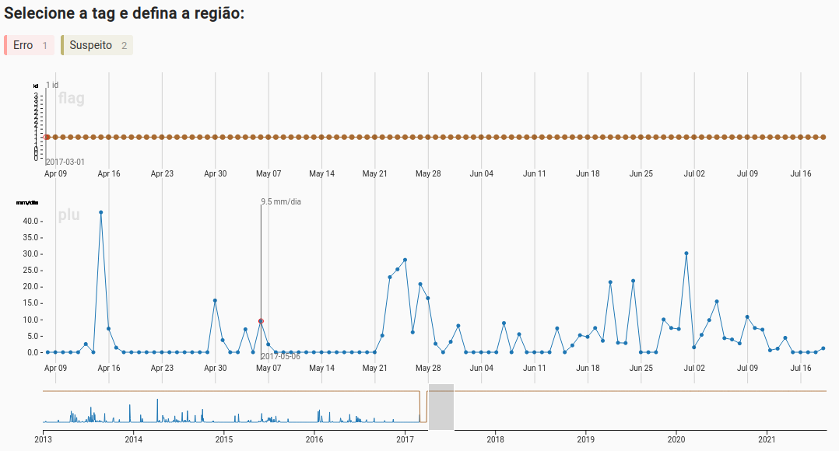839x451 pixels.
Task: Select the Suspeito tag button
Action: [x=97, y=45]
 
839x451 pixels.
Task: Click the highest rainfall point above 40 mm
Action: [x=101, y=212]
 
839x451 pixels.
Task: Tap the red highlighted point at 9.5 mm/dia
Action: [x=261, y=321]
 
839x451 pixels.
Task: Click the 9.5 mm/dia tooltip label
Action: [x=281, y=202]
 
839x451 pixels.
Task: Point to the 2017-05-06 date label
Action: [x=280, y=356]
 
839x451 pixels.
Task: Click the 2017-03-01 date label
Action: [x=65, y=162]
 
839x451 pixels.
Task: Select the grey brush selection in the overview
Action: [x=441, y=407]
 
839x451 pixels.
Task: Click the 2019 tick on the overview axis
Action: [x=586, y=439]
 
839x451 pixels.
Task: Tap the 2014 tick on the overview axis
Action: [x=133, y=439]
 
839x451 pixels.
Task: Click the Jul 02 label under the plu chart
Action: [x=694, y=368]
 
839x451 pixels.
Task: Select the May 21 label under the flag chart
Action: [x=375, y=173]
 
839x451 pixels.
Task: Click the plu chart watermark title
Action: [x=68, y=215]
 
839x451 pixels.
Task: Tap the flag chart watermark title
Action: [x=71, y=99]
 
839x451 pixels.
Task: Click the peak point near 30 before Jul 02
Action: [x=686, y=253]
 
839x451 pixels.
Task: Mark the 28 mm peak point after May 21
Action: [x=405, y=260]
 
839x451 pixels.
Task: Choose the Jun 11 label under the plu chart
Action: [x=535, y=368]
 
